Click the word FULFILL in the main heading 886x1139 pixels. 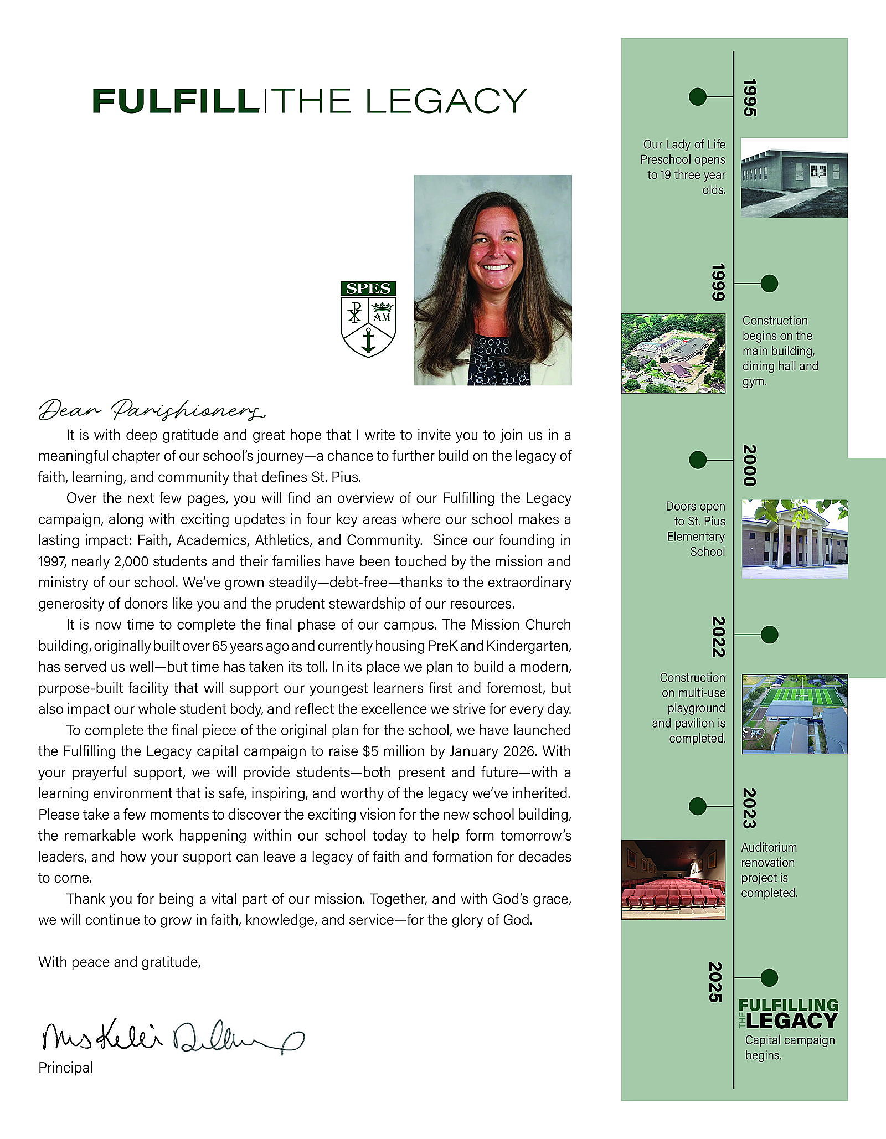coord(176,101)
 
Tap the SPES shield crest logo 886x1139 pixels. coord(368,319)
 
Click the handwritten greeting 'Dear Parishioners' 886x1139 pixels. coord(152,410)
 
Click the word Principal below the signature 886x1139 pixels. coord(65,1068)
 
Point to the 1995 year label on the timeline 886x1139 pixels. coord(749,97)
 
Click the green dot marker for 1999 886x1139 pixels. coord(769,284)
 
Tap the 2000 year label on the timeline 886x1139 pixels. coord(749,465)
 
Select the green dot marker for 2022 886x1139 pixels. coord(769,635)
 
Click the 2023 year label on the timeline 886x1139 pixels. coord(749,808)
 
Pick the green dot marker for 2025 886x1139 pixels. coord(769,977)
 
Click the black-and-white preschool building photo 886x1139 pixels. coord(794,177)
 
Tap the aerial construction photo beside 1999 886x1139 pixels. coord(673,353)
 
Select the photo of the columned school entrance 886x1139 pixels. coord(794,539)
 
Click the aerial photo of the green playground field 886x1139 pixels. coord(794,714)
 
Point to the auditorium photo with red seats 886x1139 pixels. coord(673,879)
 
